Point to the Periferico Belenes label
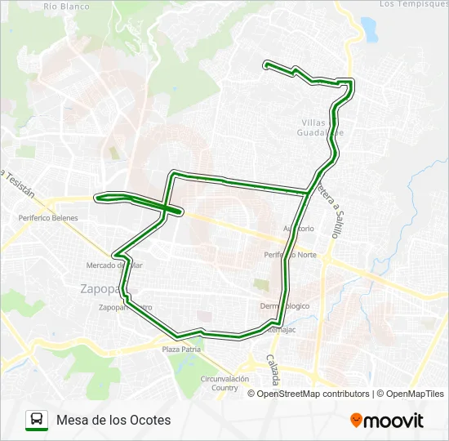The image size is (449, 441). [48, 218]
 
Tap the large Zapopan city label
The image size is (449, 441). [100, 288]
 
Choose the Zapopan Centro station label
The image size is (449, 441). [125, 308]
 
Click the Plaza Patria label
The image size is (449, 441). [181, 350]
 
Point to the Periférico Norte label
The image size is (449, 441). [290, 255]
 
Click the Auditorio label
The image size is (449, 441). [298, 229]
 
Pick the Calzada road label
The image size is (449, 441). [275, 371]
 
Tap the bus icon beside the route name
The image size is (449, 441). [38, 420]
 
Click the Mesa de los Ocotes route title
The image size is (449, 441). [114, 420]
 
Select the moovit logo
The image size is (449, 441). [387, 421]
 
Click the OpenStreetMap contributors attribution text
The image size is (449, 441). [313, 394]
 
